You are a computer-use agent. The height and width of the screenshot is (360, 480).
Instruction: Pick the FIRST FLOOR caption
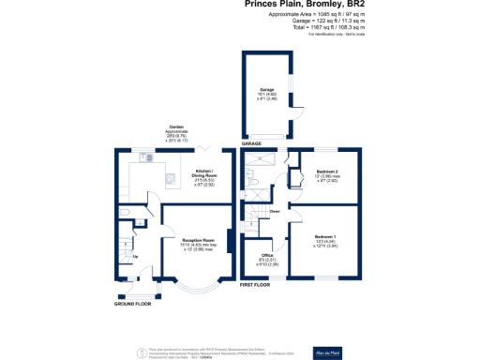pyautogui.click(x=255, y=283)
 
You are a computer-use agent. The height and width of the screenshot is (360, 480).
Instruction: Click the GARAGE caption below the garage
pyautogui.click(x=251, y=143)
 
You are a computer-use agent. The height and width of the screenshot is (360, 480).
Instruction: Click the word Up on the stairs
pyautogui.click(x=134, y=256)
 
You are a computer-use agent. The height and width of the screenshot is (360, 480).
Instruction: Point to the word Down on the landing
pyautogui.click(x=275, y=212)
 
